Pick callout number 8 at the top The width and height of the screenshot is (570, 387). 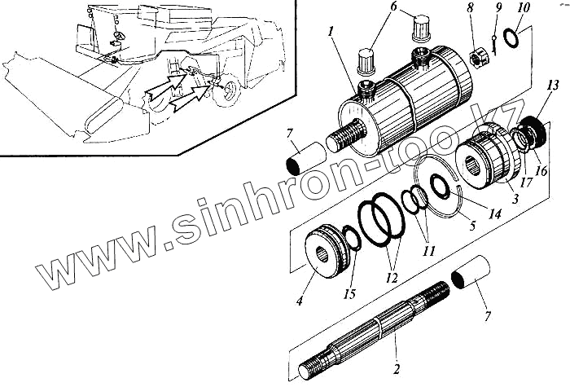click(470, 11)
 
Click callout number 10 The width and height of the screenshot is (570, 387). click(522, 10)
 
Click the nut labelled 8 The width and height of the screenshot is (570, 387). click(477, 59)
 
